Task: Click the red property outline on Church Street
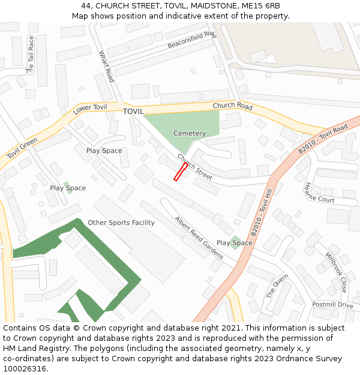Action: point(180,172)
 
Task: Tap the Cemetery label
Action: point(189,133)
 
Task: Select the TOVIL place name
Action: point(133,112)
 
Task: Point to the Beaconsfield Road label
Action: point(191,40)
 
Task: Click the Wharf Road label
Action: point(106,67)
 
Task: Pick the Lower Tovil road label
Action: point(90,109)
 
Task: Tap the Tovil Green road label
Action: point(22,148)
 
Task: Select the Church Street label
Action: point(194,167)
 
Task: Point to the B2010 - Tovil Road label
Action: point(323,139)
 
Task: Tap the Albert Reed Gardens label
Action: point(199,238)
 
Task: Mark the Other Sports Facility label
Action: point(121,223)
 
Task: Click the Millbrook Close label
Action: point(337,272)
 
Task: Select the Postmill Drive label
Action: point(332,305)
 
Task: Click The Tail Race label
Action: point(30,55)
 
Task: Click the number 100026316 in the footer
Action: point(25,368)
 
